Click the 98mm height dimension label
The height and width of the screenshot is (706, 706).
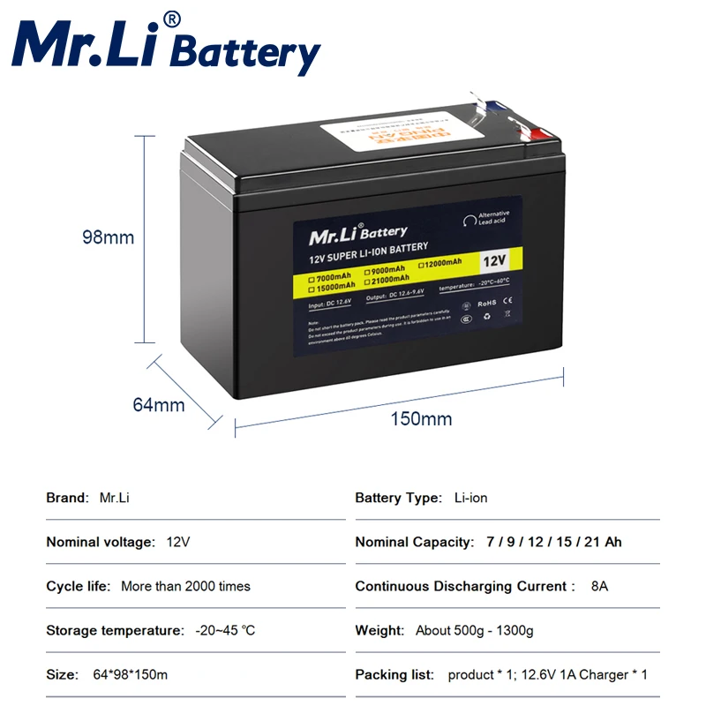pyautogui.click(x=108, y=237)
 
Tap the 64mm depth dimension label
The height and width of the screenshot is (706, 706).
pyautogui.click(x=158, y=405)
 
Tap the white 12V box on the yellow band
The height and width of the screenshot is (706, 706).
pyautogui.click(x=494, y=262)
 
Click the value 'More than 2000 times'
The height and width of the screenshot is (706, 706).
pyautogui.click(x=185, y=586)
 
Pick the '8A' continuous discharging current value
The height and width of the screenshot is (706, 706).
pyautogui.click(x=599, y=586)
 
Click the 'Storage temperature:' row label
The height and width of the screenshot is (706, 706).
pyautogui.click(x=114, y=630)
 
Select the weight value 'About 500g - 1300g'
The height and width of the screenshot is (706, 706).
pyautogui.click(x=474, y=630)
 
